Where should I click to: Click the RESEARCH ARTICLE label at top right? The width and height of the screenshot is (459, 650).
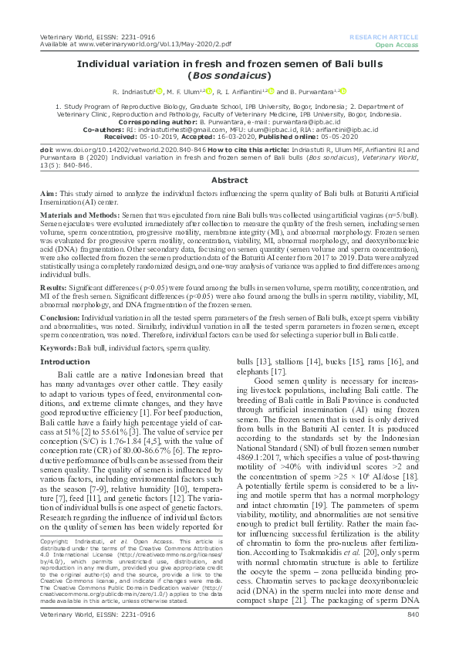click(383, 36)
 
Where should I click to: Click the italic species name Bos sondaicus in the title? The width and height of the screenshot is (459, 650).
click(229, 76)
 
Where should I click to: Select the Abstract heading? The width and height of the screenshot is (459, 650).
click(229, 157)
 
